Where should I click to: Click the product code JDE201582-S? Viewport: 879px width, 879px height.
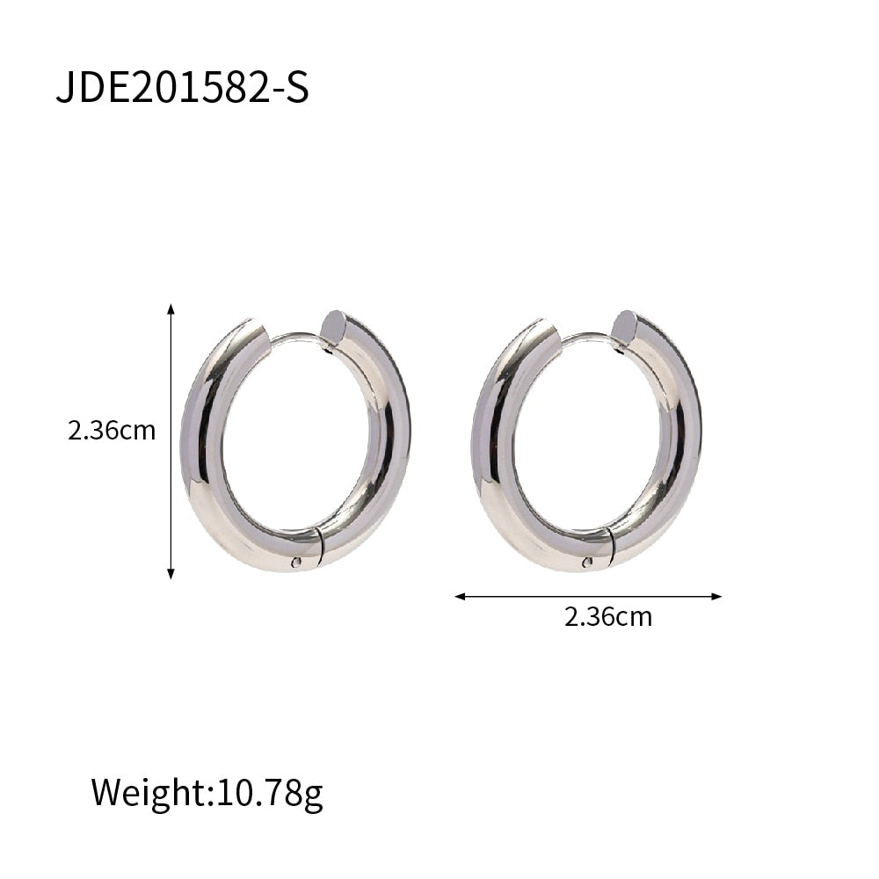182,89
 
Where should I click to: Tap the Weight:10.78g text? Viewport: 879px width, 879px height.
207,792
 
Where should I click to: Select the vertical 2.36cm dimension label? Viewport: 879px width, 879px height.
112,431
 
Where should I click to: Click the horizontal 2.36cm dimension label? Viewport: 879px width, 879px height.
608,616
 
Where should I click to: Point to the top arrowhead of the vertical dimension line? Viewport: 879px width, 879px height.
171,309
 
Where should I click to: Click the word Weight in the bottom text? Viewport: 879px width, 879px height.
148,792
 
